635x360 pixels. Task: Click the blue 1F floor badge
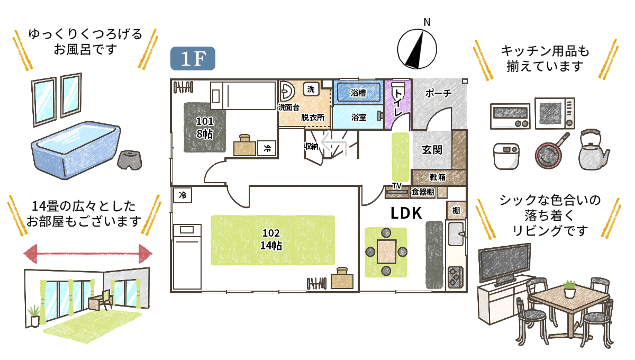(193, 59)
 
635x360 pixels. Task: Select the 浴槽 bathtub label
(358, 93)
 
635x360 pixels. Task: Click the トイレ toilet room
(397, 103)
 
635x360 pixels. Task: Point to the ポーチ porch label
(439, 94)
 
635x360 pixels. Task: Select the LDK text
(406, 213)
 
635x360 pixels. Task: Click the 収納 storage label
(311, 147)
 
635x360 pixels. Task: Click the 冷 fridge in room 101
(268, 149)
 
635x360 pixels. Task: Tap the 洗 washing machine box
(311, 89)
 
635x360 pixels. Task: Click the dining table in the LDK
(387, 251)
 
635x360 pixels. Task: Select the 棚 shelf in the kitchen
(456, 210)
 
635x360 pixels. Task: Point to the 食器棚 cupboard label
(423, 192)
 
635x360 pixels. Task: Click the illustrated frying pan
(549, 154)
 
